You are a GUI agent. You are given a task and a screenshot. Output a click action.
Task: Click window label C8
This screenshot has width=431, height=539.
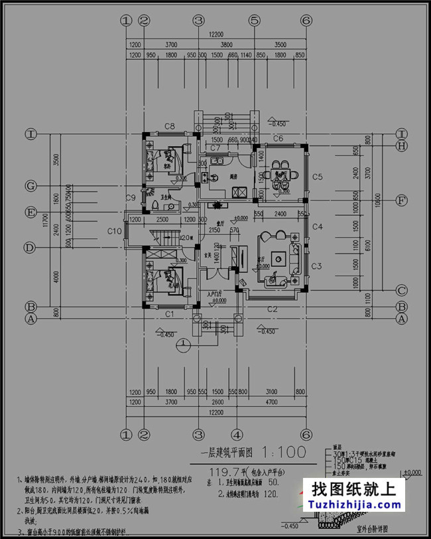(169, 126)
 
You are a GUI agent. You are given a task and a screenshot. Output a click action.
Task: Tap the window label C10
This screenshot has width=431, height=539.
(114, 231)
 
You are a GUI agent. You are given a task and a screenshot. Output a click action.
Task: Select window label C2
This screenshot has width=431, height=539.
(272, 309)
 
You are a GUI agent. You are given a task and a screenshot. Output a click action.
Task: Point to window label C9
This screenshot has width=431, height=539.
(131, 197)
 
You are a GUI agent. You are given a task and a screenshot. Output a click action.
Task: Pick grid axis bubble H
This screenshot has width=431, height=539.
(401, 146)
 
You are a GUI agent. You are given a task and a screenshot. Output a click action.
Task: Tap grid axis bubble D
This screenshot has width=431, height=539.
(30, 248)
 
